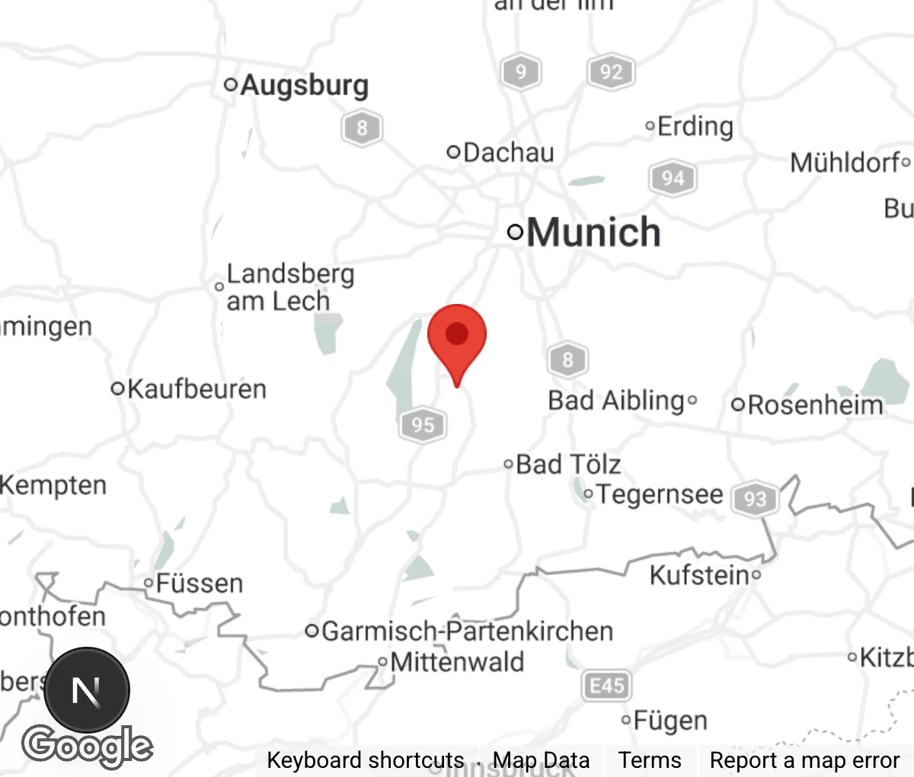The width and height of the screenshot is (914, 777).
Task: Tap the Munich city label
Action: [x=593, y=232]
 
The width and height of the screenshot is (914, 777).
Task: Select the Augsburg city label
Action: [x=304, y=85]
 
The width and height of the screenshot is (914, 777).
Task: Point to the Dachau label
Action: [x=508, y=152]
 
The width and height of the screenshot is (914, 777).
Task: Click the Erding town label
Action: [x=695, y=126]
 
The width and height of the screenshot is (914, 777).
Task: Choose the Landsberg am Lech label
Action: [x=289, y=287]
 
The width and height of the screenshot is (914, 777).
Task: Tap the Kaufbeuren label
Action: [x=197, y=389]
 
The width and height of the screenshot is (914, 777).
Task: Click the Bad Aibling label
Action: [x=616, y=401]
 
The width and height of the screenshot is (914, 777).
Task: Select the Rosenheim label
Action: [x=815, y=404]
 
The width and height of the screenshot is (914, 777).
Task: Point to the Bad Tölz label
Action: [x=568, y=464]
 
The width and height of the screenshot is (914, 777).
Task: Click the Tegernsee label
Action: [x=659, y=494]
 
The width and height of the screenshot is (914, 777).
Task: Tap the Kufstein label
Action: [x=699, y=575]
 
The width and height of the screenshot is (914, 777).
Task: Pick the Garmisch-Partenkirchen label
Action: [x=467, y=632]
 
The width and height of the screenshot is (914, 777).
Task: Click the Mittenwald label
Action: [x=457, y=661]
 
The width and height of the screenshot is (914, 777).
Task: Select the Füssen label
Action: [x=200, y=584]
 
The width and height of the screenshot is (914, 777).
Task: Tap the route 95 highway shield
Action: [x=423, y=424]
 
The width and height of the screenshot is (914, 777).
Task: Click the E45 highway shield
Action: [x=606, y=686]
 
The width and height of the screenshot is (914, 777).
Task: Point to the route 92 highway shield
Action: [x=611, y=72]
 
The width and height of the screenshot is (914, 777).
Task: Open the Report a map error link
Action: [x=804, y=760]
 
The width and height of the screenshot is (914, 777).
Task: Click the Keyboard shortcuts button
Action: [x=365, y=760]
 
